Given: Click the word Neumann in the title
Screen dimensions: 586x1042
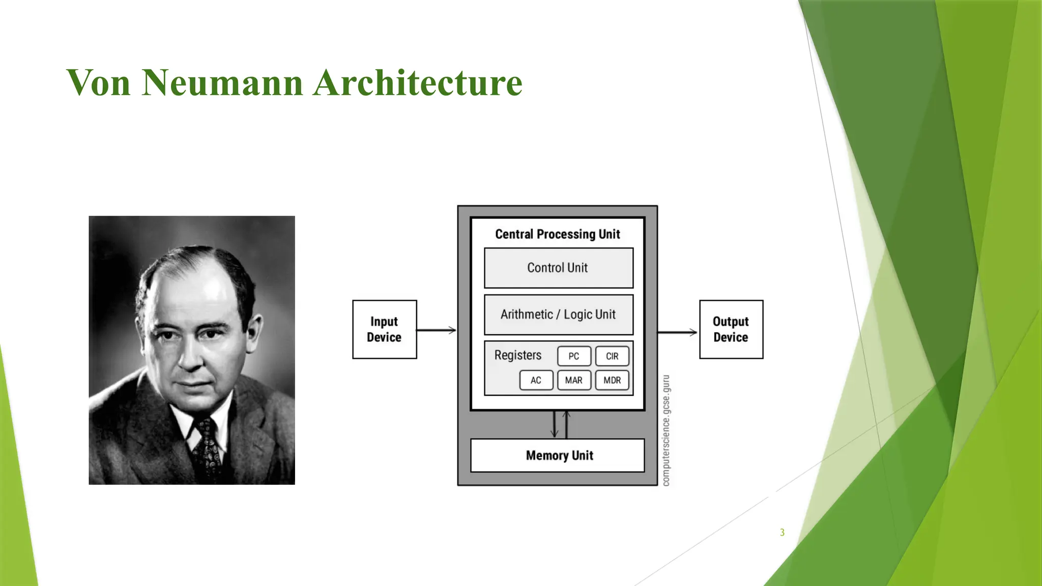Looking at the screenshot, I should [x=222, y=82].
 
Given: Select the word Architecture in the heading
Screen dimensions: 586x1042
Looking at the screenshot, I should [x=418, y=82].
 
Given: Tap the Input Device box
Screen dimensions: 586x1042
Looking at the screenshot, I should [x=384, y=329].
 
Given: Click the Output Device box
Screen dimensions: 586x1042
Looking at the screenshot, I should [x=731, y=329].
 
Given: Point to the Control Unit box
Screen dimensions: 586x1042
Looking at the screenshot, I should [x=558, y=268].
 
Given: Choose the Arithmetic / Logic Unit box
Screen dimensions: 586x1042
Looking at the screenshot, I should [x=558, y=314].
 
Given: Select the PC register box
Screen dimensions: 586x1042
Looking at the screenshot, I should [x=574, y=356].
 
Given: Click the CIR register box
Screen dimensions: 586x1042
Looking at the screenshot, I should [x=612, y=356].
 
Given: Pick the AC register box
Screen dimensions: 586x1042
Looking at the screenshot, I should [x=536, y=380].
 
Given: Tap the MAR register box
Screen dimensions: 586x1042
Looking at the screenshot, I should [x=574, y=380].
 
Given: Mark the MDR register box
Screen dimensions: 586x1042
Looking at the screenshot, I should [x=612, y=380].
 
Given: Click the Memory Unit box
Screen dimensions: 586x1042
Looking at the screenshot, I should [x=558, y=455].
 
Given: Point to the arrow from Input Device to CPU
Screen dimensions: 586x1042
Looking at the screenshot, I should [x=437, y=330].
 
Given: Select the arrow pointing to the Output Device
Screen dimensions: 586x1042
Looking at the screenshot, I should [x=677, y=332].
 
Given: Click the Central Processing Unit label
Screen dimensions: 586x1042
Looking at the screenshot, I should [x=558, y=234].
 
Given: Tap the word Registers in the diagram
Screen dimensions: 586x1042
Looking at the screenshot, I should [x=517, y=355].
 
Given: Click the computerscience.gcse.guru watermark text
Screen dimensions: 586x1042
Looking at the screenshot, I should [x=666, y=430].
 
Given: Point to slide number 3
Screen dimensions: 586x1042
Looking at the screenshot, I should [x=782, y=533].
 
